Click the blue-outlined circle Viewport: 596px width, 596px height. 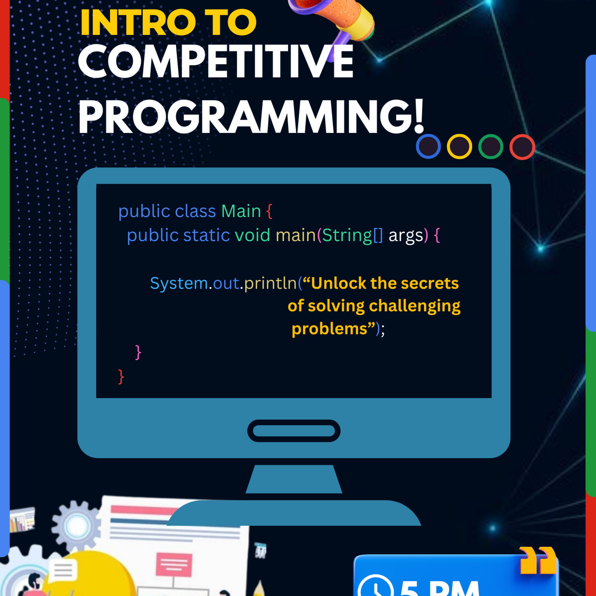428,147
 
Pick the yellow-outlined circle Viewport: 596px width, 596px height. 459,147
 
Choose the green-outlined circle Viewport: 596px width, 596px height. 491,147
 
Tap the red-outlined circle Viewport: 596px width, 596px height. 522,147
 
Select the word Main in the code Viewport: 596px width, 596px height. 241,211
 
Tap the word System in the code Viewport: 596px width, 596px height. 179,283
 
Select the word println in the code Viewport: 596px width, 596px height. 270,283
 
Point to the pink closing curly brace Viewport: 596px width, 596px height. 138,352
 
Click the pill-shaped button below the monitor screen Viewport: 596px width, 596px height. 294,431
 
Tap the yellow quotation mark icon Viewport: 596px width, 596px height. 538,564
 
